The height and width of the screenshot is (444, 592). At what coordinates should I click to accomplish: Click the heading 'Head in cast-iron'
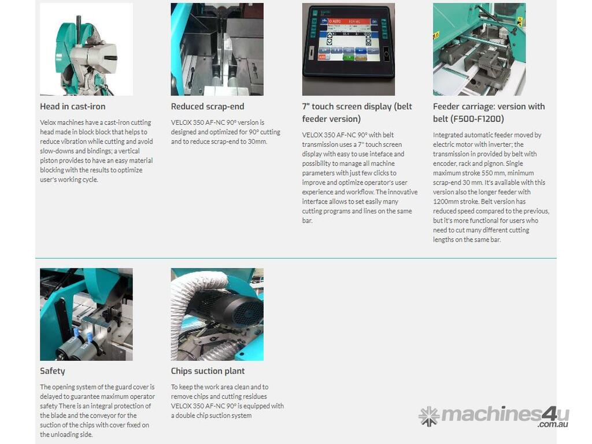tap(72, 106)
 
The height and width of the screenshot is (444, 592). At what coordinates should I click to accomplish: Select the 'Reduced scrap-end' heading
tap(208, 106)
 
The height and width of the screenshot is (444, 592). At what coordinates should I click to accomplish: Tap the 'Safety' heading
tap(53, 371)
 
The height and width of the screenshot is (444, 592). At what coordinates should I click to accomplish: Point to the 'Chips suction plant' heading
tap(208, 371)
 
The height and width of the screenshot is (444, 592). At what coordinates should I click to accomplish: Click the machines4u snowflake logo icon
tap(429, 416)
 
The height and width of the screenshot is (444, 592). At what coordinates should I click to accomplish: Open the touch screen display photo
tap(348, 50)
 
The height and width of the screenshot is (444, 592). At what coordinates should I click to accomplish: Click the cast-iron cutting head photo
tap(86, 50)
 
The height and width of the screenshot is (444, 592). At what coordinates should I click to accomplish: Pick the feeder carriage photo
tap(479, 50)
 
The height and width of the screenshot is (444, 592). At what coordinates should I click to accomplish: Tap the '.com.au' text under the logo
tap(553, 424)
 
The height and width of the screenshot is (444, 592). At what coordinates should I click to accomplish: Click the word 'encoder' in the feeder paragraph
tap(445, 164)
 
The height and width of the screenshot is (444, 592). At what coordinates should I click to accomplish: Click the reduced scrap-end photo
tap(217, 50)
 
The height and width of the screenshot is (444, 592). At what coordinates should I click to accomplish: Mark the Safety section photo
tap(86, 314)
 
